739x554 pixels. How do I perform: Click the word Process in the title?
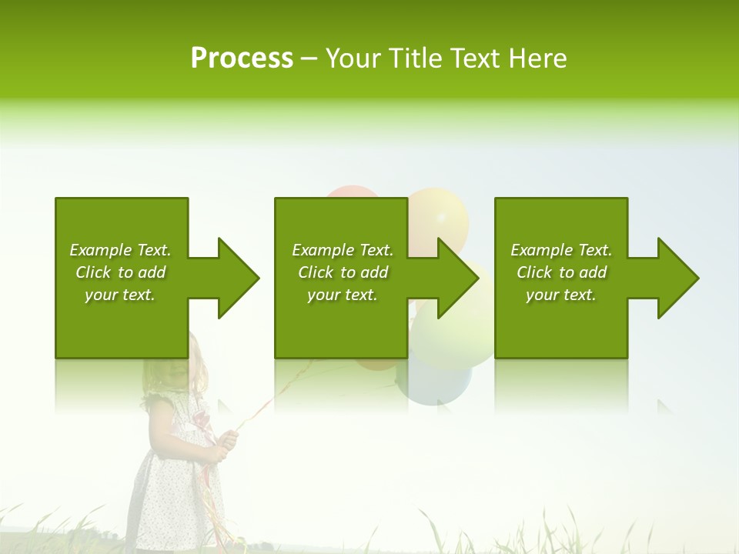pos(242,58)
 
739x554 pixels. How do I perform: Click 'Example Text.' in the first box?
pos(120,250)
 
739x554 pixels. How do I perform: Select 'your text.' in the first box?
pos(120,295)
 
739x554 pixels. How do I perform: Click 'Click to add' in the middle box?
pos(343,272)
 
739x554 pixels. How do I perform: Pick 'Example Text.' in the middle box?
pos(343,250)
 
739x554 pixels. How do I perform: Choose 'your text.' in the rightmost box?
pos(561,295)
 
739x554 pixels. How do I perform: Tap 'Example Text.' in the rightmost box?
pos(561,250)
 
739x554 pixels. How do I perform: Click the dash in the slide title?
pos(309,59)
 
